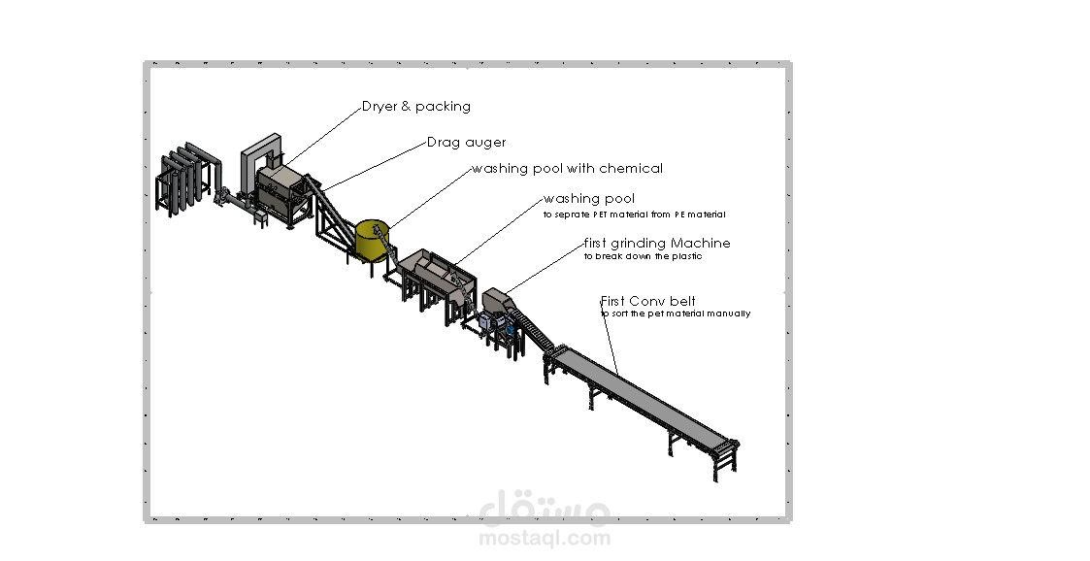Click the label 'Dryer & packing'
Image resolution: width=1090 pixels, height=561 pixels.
point(416,107)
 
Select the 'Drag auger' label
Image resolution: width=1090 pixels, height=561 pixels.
point(467,143)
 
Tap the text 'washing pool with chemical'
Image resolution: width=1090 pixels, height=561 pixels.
point(567,168)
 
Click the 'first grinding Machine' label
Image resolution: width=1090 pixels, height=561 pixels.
point(657,244)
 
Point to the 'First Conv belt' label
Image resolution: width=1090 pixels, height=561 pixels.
point(647,301)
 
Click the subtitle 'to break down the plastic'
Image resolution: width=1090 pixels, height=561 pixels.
point(643,256)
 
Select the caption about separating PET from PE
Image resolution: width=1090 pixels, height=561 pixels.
point(634,214)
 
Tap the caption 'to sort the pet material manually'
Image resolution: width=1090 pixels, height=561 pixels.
point(676,313)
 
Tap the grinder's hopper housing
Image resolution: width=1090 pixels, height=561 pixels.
point(496,302)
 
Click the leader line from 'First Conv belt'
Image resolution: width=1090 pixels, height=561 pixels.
point(609,338)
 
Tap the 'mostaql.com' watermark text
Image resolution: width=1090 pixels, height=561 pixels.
point(545,538)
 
